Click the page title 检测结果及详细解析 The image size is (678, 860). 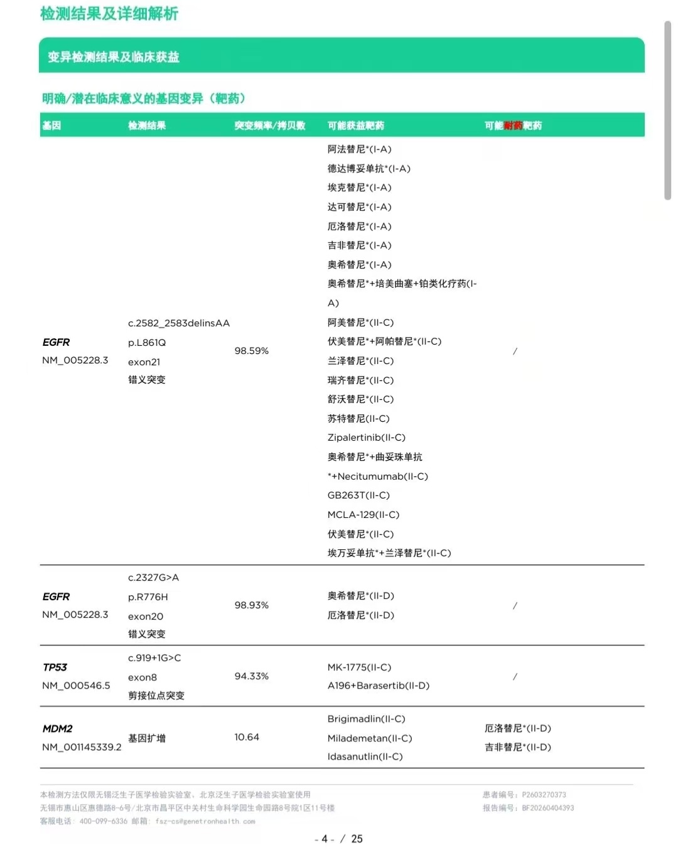coord(109,14)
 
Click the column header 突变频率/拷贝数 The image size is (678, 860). coord(269,126)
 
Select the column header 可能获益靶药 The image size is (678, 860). coord(355,126)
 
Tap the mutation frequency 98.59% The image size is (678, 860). coord(251,351)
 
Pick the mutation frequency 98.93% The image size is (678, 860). coord(251,605)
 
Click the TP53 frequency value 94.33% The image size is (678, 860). coord(251,676)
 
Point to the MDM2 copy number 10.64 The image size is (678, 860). coord(247,737)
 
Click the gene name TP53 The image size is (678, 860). coord(55,667)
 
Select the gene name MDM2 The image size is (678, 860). coord(57,729)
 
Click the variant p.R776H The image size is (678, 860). coord(148,597)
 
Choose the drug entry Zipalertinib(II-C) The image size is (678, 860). coord(366,438)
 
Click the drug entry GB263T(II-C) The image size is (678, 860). coord(358,495)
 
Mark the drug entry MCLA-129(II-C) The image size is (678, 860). coord(363,515)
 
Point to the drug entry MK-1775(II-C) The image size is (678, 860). coord(359,667)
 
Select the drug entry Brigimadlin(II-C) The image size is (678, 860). coord(366,719)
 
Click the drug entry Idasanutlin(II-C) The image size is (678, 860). coord(365,756)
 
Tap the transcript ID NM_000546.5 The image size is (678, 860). coord(76,685)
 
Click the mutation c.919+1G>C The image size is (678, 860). coord(154,658)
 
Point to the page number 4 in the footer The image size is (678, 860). coord(325,839)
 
